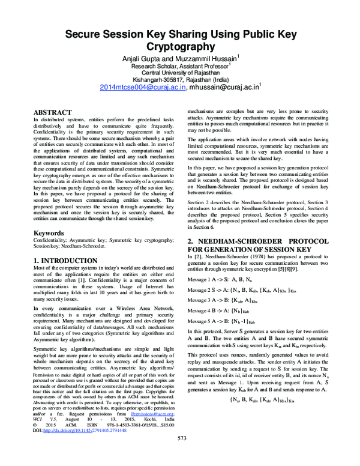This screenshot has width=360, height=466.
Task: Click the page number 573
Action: [x=182, y=455]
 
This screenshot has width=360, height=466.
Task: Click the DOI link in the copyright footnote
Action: [x=85, y=430]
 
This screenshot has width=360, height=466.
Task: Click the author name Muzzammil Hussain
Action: [x=210, y=58]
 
